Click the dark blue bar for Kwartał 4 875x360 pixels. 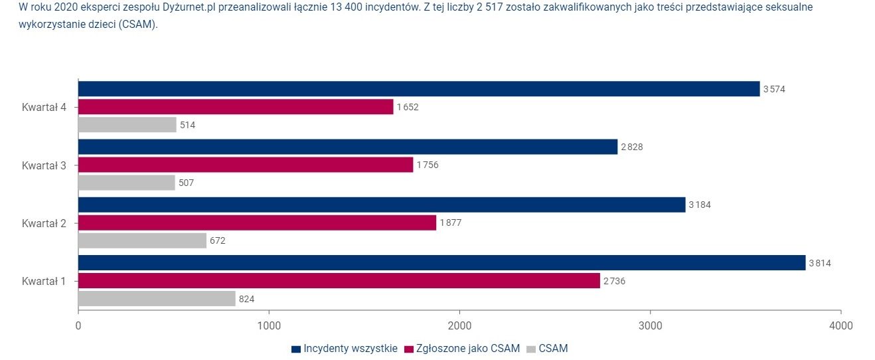pos(418,89)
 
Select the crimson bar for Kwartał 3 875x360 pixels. pos(245,165)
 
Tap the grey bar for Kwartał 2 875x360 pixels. pos(142,240)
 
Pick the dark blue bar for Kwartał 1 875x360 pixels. pos(441,263)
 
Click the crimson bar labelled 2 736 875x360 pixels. pos(339,281)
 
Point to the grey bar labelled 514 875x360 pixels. pos(127,125)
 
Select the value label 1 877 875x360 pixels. pos(450,223)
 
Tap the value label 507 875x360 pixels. pos(186,183)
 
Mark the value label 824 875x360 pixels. pos(246,299)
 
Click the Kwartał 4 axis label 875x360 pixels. pos(44,107)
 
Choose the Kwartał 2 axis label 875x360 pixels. pos(44,223)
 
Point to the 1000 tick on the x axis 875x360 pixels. pos(269,325)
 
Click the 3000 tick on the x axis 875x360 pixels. pos(650,325)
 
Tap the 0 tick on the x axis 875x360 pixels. pos(78,325)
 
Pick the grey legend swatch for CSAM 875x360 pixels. pos(530,349)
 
